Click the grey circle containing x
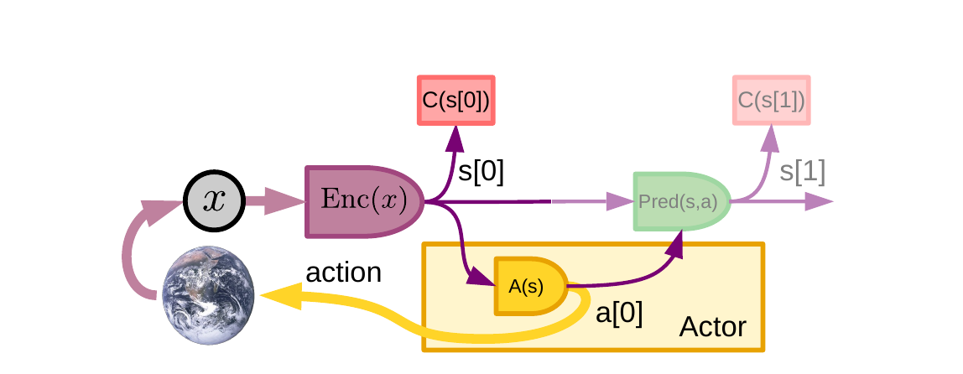(214, 201)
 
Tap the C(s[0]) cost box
(455, 101)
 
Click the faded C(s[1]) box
(771, 101)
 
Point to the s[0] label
(481, 171)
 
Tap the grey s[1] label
(803, 171)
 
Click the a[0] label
(619, 313)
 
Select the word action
(343, 273)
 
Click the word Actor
(712, 326)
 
